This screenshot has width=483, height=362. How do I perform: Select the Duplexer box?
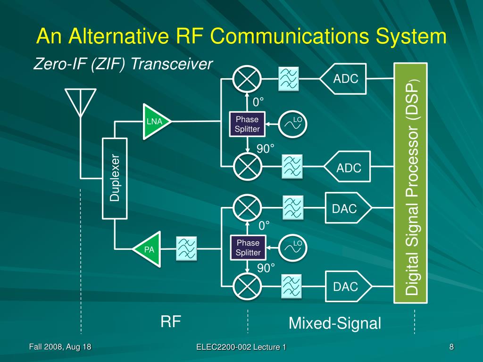pos(115,179)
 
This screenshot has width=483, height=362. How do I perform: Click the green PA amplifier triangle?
pos(148,249)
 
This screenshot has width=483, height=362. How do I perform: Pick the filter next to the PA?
pos(186,249)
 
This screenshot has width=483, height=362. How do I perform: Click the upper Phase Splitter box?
pos(247,124)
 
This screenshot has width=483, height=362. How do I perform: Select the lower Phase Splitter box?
pos(248,247)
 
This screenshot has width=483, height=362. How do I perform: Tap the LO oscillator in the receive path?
pos(292,124)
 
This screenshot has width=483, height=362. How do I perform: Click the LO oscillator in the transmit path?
pos(292,248)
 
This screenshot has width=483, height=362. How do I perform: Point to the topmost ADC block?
pos(343,79)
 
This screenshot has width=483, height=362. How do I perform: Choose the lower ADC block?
pos(347,167)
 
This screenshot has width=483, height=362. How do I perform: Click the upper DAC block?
pos(349,208)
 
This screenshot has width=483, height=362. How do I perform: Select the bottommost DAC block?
pos(349,286)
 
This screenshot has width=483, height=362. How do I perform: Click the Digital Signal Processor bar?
pos(411,183)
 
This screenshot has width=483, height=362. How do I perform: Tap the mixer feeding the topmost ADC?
pos(247,79)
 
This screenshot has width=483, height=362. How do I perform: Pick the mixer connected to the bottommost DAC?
pos(247,287)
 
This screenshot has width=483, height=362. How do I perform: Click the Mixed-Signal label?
pos(335,323)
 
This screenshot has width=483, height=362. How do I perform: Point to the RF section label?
pos(171,321)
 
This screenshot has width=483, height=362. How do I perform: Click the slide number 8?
pos(451,347)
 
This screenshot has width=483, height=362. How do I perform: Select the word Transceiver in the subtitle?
pos(172,64)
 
